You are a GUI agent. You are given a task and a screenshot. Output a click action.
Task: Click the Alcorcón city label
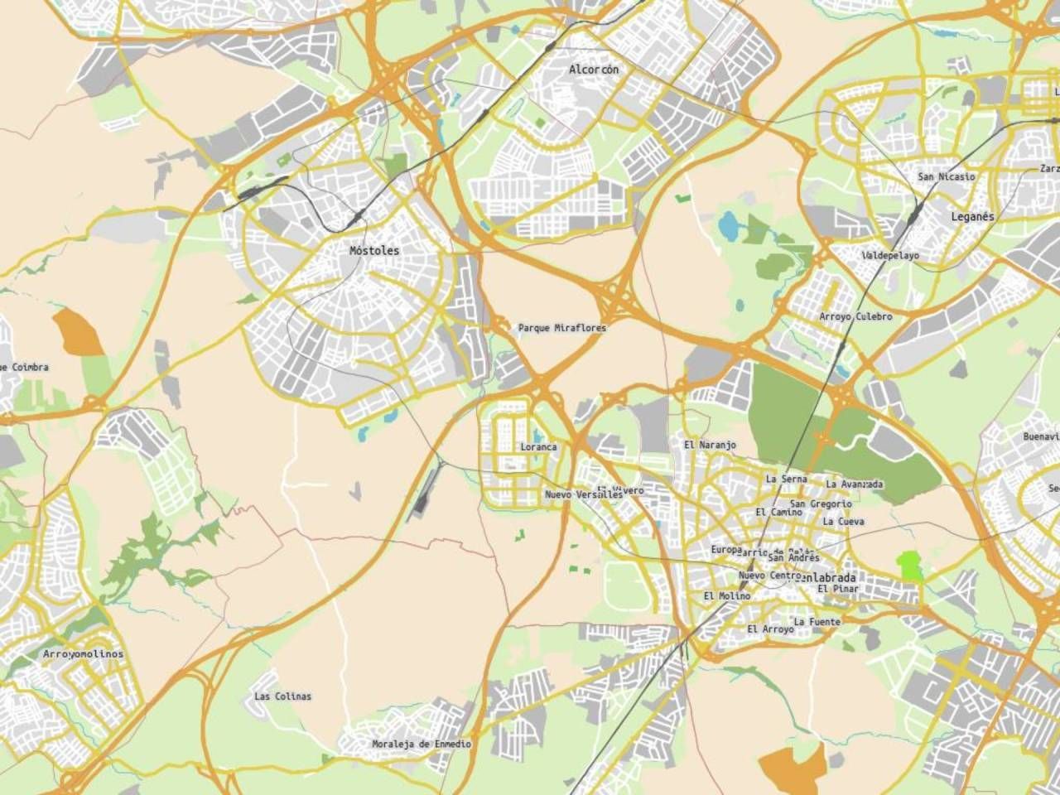coord(594,70)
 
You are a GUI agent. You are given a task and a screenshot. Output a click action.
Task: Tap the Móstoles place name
coord(374,250)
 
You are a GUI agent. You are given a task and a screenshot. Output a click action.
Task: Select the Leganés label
coord(973,216)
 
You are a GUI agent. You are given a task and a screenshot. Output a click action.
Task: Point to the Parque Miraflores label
coord(562,328)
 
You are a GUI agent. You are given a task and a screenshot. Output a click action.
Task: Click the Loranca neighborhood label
coord(538,447)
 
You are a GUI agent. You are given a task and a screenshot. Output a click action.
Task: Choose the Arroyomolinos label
coord(83,654)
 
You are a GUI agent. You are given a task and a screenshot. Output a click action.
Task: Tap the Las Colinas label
coord(283,696)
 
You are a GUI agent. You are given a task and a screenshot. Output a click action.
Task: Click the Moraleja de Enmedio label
coord(422,744)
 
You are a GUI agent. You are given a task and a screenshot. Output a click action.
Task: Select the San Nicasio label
coord(947,176)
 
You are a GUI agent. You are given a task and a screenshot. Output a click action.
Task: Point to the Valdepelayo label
coord(891,256)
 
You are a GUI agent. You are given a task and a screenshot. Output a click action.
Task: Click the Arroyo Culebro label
coord(856,316)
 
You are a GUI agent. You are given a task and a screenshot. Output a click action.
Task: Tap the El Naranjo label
coord(710,445)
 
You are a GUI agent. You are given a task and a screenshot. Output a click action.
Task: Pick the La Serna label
coord(787,479)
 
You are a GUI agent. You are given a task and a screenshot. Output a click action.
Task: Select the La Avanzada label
coord(855,484)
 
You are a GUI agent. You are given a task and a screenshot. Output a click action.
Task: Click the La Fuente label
coord(817,622)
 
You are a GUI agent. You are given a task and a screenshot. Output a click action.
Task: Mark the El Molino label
coord(727,596)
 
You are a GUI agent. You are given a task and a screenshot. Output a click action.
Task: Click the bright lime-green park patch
coord(911,566)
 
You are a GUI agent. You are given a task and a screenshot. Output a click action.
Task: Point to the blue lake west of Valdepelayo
coord(728,224)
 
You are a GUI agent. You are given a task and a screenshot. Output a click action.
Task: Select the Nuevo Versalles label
coord(583,494)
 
